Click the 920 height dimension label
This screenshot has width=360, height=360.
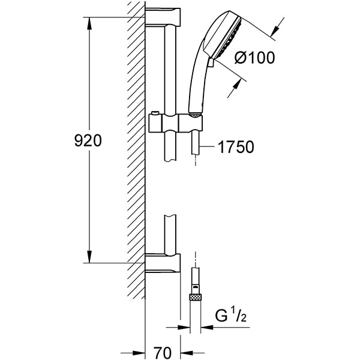pyautogui.click(x=88, y=141)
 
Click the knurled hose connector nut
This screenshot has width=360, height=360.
pyautogui.click(x=194, y=295)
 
